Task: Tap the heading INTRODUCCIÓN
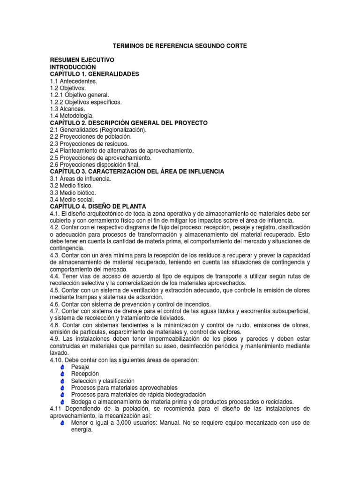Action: [76, 67]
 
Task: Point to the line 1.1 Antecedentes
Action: [74, 81]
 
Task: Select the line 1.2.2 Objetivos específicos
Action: [86, 102]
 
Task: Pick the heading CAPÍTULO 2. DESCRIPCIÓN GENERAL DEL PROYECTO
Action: [128, 123]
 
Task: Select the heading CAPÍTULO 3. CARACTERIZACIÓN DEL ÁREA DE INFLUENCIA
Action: [137, 172]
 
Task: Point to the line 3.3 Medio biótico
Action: [73, 193]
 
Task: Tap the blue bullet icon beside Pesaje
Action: [63, 367]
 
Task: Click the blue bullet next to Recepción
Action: [63, 374]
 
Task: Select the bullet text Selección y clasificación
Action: [103, 381]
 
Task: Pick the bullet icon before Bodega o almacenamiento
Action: [63, 402]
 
